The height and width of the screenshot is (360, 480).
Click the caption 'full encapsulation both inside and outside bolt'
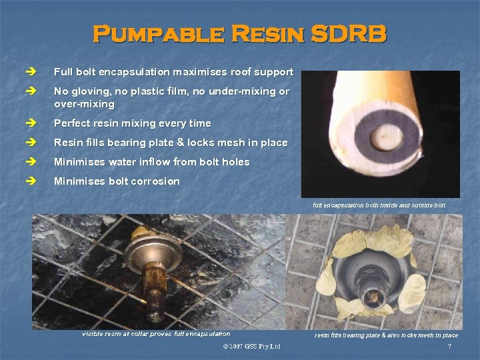[379, 205]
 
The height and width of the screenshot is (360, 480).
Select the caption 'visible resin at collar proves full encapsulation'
[156, 334]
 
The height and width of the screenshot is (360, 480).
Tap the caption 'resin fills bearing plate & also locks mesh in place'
[386, 335]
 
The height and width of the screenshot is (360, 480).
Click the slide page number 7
[450, 347]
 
